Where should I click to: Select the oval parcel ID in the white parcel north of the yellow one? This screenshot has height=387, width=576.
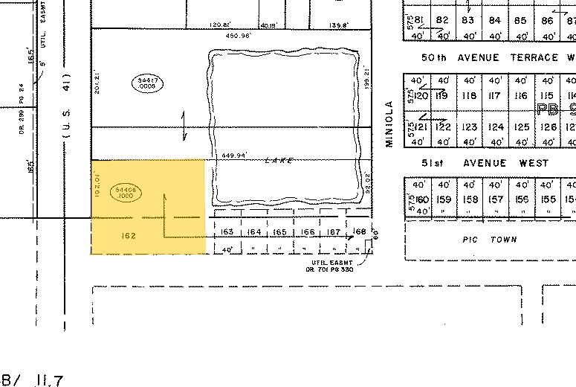coord(146,83)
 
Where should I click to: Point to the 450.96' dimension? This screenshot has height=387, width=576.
coord(229,35)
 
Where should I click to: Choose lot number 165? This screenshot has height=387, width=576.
coord(279,233)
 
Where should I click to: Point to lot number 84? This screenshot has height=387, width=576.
coord(494,21)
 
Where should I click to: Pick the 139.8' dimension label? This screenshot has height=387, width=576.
coord(340,25)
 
